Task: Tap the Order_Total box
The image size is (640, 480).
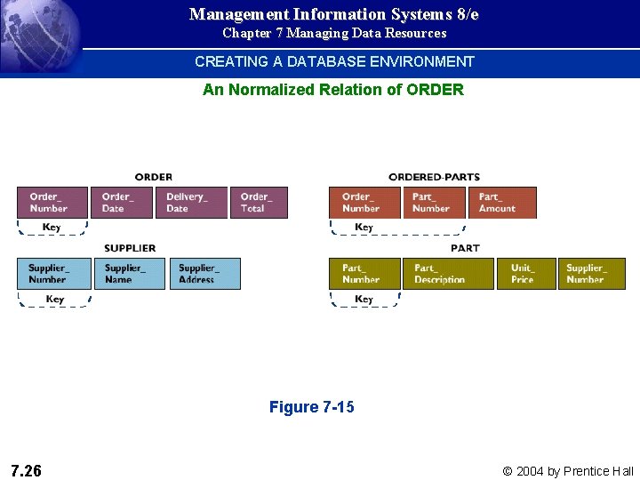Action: [x=259, y=203]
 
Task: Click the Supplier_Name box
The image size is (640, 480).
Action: [x=129, y=273]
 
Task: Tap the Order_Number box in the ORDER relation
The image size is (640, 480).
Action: [x=52, y=203]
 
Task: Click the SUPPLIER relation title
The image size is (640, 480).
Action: [x=130, y=248]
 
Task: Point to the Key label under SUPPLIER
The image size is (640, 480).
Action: [x=54, y=300]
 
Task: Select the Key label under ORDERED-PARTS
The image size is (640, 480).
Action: [x=364, y=228]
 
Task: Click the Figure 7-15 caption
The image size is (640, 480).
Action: [x=311, y=407]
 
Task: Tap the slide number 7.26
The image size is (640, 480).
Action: [x=26, y=470]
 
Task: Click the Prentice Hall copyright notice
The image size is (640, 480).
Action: [x=568, y=471]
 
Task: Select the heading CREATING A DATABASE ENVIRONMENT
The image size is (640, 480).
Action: [x=334, y=61]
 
